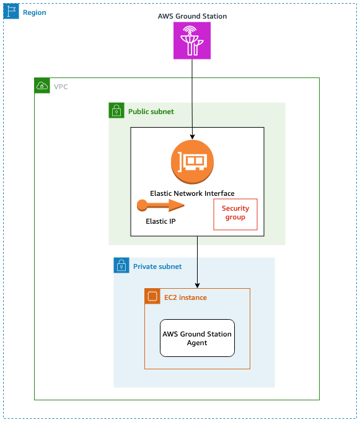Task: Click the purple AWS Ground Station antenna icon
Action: point(192,42)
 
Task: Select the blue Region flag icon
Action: point(11,12)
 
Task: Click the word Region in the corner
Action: point(34,12)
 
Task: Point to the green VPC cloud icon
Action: point(42,86)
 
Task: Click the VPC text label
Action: point(61,87)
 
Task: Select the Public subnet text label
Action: point(151,112)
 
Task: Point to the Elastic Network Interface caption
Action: point(192,193)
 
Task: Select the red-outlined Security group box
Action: point(235,214)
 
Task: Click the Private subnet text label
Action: point(157,266)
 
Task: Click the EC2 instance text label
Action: point(185,297)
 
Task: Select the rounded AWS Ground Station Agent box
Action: point(197,338)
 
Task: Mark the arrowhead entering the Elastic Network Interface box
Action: point(192,136)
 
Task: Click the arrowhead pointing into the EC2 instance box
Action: point(197,284)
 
